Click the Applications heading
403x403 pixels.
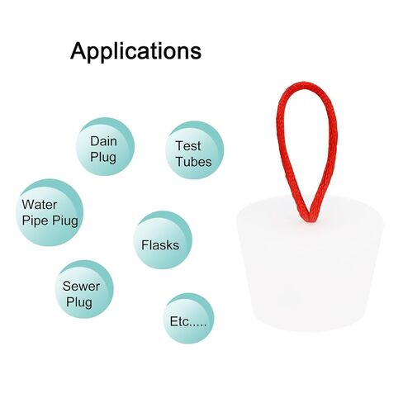coord(135,51)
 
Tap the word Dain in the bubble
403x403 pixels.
coord(103,141)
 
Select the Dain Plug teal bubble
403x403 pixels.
coord(105,146)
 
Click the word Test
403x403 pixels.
coord(188,146)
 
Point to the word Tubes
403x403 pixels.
coord(194,162)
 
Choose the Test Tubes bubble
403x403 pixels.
coord(194,150)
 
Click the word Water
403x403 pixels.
coord(40,205)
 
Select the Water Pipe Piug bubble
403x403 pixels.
coord(50,212)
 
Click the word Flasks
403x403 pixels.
coord(160,245)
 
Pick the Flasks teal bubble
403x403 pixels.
coord(163,240)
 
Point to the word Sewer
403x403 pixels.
coord(81,287)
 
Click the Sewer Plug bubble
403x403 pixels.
coord(84,289)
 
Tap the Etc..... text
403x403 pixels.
coord(188,321)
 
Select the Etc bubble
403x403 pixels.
coord(188,319)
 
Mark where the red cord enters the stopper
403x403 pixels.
coord(311,220)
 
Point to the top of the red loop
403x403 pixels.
coord(304,84)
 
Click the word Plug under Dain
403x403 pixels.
coord(103,158)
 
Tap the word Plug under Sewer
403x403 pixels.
coord(79,302)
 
